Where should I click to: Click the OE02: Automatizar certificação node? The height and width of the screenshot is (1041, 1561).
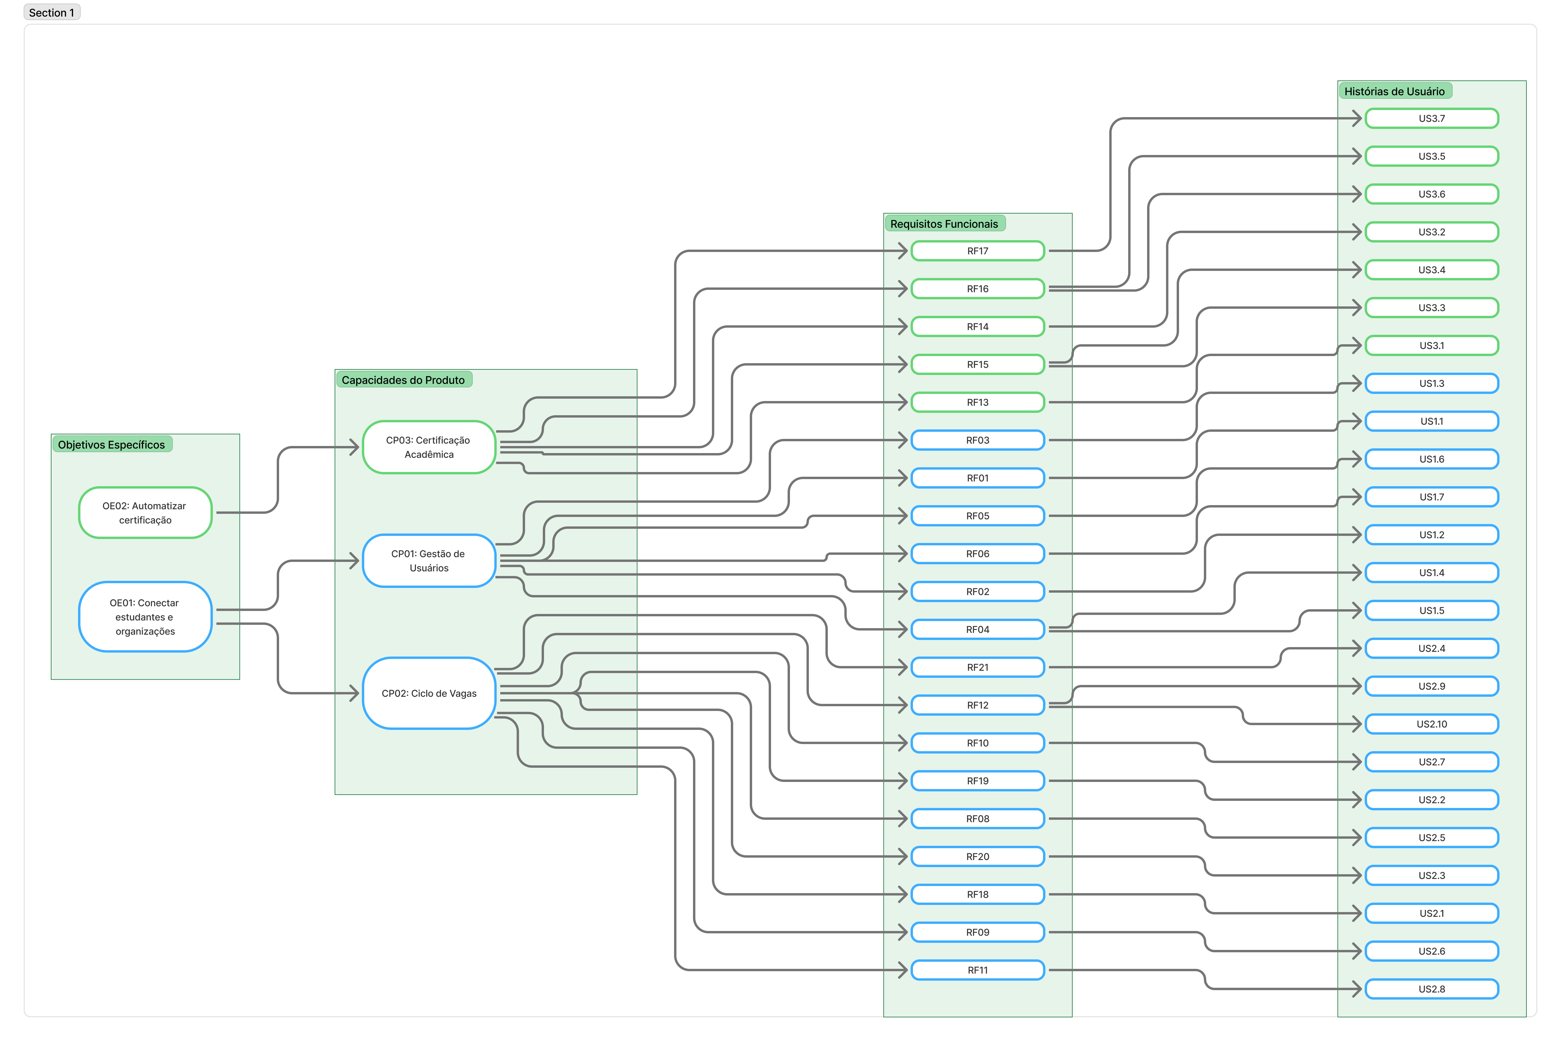point(145,513)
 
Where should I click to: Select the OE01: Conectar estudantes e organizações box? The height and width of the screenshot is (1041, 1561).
point(145,617)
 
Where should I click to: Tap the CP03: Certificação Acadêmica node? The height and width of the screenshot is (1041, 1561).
point(429,447)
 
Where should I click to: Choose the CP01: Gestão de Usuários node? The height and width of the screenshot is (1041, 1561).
point(429,560)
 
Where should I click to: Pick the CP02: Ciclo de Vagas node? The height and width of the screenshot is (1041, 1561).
point(429,693)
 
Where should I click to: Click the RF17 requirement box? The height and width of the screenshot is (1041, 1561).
point(978,251)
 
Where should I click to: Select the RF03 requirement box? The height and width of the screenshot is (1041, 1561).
point(978,440)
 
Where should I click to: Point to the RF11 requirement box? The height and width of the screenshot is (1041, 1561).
point(978,970)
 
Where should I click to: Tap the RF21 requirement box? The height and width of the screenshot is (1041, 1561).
point(978,667)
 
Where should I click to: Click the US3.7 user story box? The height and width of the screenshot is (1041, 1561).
point(1432,118)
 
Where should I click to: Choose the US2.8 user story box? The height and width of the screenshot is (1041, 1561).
point(1432,989)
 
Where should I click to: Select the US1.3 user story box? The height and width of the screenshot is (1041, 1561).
point(1432,383)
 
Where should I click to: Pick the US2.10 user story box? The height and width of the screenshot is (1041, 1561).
point(1432,724)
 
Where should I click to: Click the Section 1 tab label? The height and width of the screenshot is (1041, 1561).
point(52,13)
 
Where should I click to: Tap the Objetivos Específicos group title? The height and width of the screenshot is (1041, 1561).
point(111,444)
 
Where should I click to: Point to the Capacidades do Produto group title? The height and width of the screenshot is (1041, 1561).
point(404,380)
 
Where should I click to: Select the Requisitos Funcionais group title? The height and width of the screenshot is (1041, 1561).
point(944,224)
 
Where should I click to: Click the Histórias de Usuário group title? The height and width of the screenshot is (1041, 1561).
point(1395,91)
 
